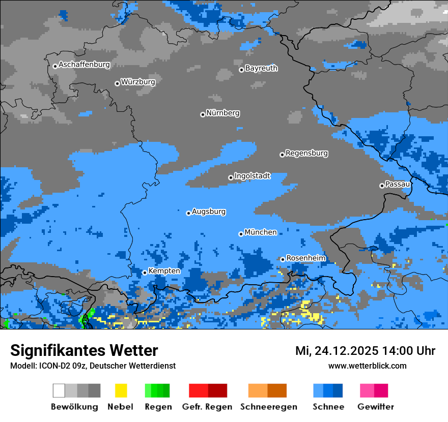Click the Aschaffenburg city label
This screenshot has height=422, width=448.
(84, 65)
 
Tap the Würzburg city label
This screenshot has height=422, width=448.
(138, 82)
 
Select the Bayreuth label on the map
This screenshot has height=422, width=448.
(261, 68)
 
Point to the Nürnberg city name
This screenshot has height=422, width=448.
(223, 113)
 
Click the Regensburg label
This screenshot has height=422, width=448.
(306, 153)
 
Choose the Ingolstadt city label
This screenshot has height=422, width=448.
(252, 176)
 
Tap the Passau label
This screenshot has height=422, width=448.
(398, 184)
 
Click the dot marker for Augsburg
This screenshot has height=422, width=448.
(188, 213)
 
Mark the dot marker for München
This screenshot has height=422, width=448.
(241, 234)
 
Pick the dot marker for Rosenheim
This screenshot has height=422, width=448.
(283, 259)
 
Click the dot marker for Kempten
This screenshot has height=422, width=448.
(145, 273)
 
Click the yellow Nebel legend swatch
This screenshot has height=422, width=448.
(121, 390)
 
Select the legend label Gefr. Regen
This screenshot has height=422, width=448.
(207, 407)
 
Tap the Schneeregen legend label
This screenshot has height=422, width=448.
(269, 407)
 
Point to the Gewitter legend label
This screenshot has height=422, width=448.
(375, 407)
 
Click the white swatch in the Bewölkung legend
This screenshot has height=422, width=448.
(59, 390)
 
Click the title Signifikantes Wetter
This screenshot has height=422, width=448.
(84, 350)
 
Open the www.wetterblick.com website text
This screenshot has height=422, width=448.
(367, 366)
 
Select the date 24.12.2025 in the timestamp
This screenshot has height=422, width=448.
(346, 351)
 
